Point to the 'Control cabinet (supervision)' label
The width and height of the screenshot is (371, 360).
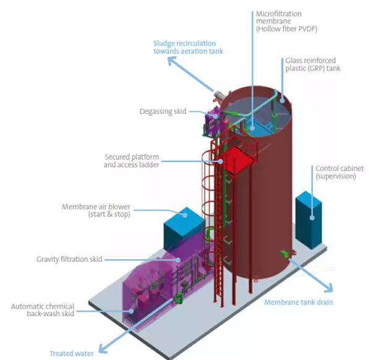pyautogui.click(x=335, y=172)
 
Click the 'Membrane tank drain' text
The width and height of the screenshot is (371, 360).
pyautogui.click(x=299, y=302)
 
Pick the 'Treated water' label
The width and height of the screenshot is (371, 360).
pyautogui.click(x=71, y=353)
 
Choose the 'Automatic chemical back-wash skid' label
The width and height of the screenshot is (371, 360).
pyautogui.click(x=43, y=311)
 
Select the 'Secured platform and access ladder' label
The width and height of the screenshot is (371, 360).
pyautogui.click(x=132, y=161)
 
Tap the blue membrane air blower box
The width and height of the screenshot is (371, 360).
pyautogui.click(x=183, y=229)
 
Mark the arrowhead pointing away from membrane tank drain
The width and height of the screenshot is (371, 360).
pyautogui.click(x=330, y=289)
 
